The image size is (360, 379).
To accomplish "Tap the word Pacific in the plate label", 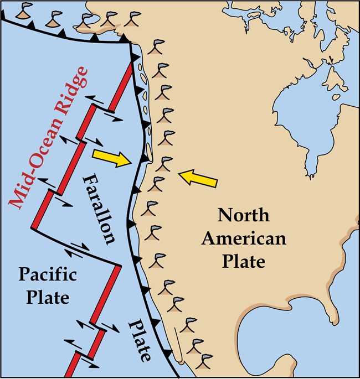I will pos(48,275).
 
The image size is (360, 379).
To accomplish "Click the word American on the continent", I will pos(244,239).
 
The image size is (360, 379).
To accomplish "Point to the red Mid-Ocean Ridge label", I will pos(50,138).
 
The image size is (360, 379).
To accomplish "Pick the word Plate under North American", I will pos(244,261).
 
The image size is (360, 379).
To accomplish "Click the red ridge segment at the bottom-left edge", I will pos(71,365).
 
